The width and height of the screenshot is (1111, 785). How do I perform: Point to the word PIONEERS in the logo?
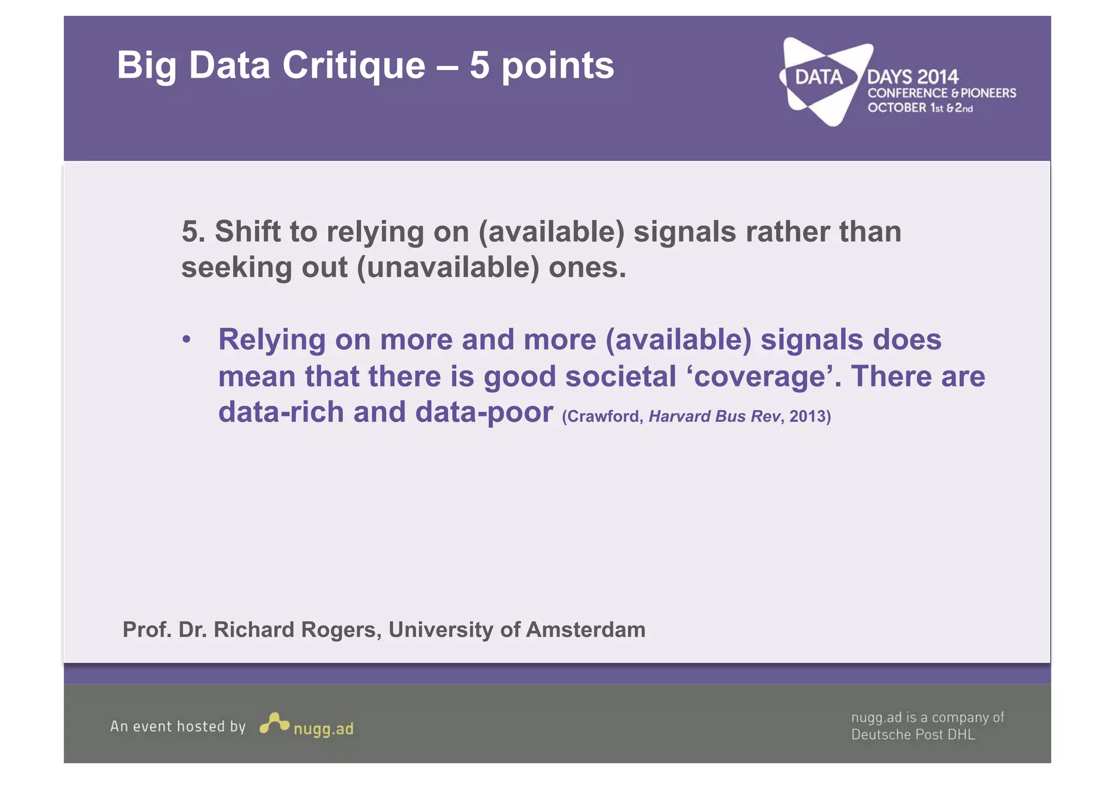click(x=988, y=93)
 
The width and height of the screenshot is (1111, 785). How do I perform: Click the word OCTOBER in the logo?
click(x=897, y=108)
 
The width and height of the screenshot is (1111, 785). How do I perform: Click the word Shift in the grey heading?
click(x=248, y=232)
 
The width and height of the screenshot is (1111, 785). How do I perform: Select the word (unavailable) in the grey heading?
click(x=448, y=267)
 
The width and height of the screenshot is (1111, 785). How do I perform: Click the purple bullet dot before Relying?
click(x=187, y=340)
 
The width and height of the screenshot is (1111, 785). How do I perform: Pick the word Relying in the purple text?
click(x=272, y=340)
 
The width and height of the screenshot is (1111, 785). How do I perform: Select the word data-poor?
click(x=484, y=412)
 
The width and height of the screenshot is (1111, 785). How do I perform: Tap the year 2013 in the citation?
click(x=809, y=416)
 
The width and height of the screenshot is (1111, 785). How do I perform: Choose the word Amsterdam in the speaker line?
click(x=585, y=630)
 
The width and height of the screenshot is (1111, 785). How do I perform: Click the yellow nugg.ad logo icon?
click(x=274, y=724)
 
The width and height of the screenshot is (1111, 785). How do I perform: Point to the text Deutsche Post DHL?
click(x=913, y=735)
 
